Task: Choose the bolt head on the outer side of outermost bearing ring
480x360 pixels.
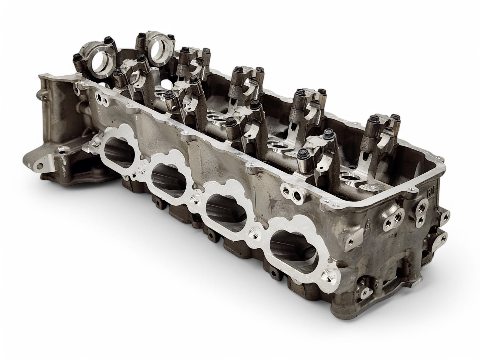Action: [x=77, y=58]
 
